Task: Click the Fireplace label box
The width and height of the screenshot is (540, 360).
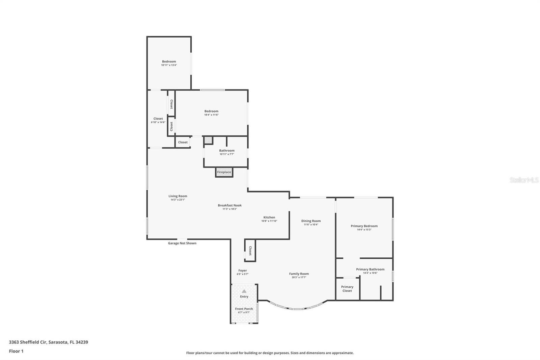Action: (x=224, y=172)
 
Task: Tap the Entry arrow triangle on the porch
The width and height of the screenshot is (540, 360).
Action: (x=244, y=291)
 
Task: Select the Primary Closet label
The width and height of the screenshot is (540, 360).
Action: (x=347, y=289)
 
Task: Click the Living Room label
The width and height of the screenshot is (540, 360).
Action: (x=178, y=196)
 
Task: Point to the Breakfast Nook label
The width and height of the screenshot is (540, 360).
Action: (x=230, y=205)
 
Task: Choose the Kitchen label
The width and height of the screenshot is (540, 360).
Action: (x=269, y=217)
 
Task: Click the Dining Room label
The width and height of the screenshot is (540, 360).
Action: (x=311, y=221)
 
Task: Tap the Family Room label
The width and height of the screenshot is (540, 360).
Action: (x=299, y=274)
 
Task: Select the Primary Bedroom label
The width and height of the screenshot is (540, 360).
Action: (x=364, y=226)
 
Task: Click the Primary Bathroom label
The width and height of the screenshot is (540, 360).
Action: (x=370, y=269)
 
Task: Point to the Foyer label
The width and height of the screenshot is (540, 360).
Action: (x=242, y=271)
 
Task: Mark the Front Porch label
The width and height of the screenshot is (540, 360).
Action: (x=244, y=309)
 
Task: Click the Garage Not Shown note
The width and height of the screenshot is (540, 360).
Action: (x=182, y=243)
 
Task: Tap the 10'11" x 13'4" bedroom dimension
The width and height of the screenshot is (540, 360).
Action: (x=169, y=65)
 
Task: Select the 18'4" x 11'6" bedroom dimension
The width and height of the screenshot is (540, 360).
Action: (x=211, y=115)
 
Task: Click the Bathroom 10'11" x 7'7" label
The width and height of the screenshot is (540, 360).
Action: (x=226, y=152)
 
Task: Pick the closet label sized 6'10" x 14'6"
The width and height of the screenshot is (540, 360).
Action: (x=158, y=120)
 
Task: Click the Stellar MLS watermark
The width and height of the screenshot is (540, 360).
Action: (x=524, y=180)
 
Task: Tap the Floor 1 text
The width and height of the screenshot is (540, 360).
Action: (x=16, y=351)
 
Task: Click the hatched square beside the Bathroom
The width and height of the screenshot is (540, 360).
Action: (x=208, y=140)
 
